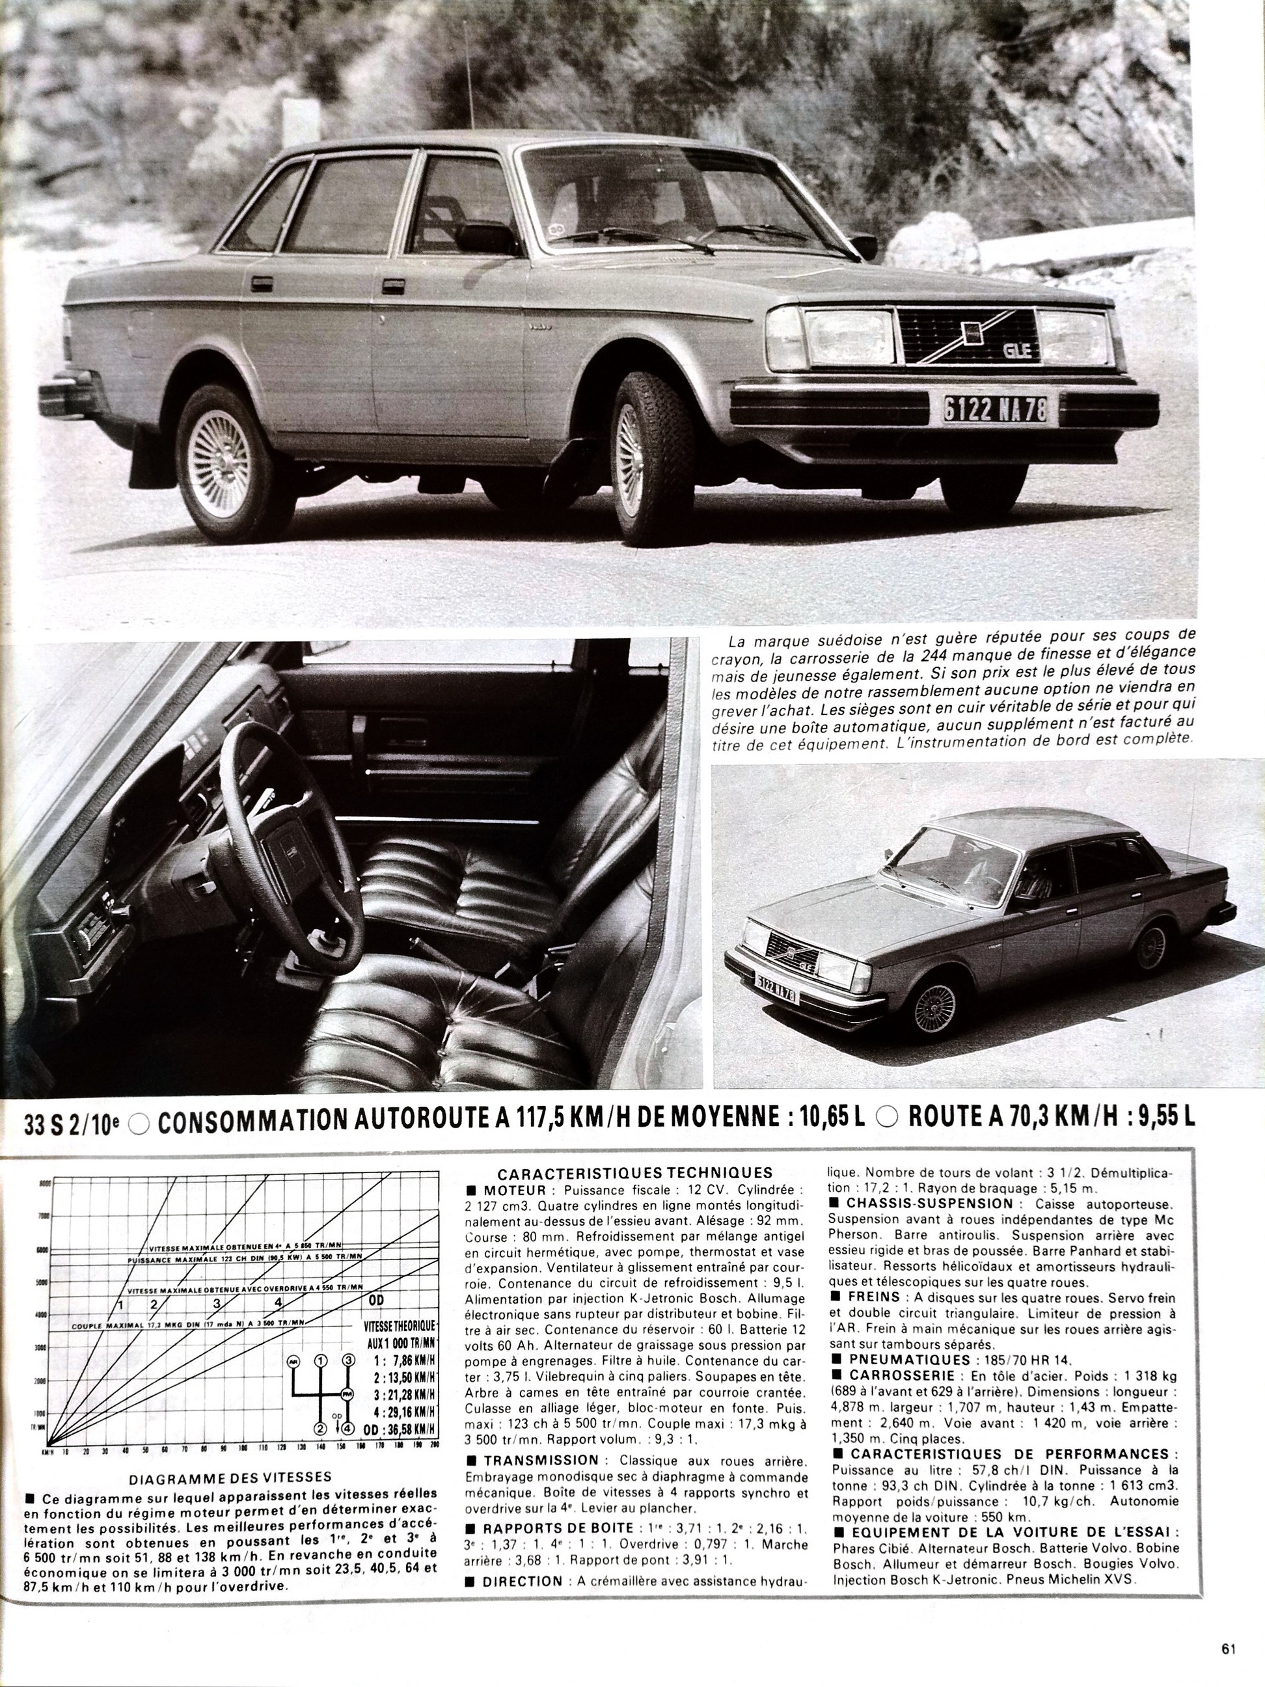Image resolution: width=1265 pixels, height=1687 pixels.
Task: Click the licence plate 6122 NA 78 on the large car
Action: (x=995, y=411)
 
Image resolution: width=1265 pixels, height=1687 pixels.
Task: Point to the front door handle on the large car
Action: (x=394, y=286)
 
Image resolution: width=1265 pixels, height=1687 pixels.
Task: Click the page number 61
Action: (x=1228, y=1626)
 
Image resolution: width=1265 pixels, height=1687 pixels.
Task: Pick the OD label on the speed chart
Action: (x=376, y=1301)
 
